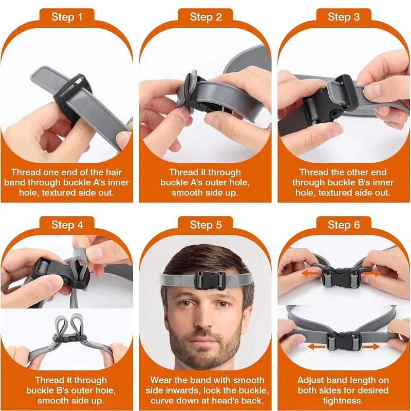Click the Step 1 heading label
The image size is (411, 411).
point(67,17)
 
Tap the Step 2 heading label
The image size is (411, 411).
point(206,17)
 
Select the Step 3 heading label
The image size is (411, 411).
point(344,17)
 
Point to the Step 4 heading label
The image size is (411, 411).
point(67,225)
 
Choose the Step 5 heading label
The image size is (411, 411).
point(206,225)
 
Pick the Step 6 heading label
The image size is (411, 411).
point(344,225)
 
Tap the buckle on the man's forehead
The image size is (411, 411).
point(210,281)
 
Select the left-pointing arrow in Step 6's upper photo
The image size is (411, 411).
point(311,273)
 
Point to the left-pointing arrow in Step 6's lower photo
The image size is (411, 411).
point(316,347)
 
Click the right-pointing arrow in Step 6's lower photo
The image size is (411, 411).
point(370,347)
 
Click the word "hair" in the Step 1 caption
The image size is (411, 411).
point(114,172)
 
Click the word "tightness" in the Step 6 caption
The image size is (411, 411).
point(343,401)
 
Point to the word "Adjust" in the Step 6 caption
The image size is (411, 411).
point(311,381)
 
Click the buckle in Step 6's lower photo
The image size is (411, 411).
point(344,341)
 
